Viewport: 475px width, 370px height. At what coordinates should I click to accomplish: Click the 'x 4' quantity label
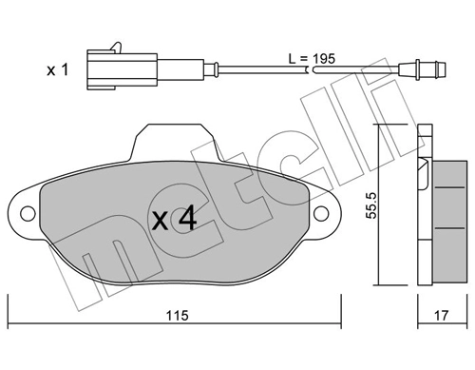175,220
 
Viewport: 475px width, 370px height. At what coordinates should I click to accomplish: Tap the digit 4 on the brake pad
187,220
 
